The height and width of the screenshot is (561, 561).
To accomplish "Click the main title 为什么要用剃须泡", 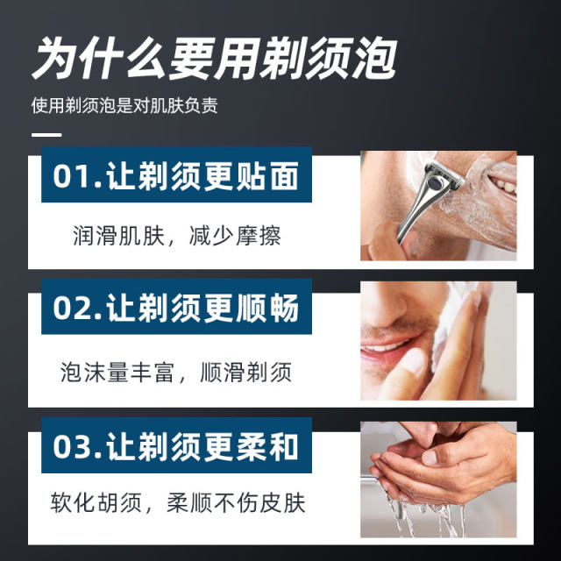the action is coord(215,59).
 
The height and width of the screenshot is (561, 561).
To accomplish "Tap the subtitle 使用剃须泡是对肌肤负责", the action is coord(124,105).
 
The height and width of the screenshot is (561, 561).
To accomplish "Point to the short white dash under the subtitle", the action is coord(46,135).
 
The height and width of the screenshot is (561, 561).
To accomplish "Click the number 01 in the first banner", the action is coord(71,176).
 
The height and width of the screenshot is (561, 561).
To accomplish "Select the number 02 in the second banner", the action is coord(71,308).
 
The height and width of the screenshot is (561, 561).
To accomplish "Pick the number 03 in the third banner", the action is coord(71,447).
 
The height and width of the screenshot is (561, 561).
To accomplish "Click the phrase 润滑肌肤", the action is coord(118,236).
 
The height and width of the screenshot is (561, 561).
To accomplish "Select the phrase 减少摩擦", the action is coord(235,236).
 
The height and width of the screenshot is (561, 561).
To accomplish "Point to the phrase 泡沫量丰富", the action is coord(117,373).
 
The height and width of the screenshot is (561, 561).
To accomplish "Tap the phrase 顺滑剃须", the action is coord(246,373).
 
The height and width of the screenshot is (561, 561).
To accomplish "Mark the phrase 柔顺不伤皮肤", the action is coord(236,502).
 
